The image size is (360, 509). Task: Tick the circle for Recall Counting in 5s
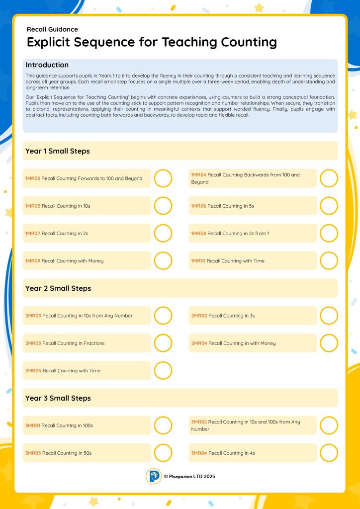329,206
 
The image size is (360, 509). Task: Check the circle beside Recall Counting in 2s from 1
329,233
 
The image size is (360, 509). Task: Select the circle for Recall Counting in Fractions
163,343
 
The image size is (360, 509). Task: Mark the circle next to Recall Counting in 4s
329,453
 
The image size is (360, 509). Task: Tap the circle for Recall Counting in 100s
163,425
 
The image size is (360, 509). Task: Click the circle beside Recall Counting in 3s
329,316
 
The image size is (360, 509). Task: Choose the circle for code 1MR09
163,261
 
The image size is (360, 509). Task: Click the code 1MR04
198,175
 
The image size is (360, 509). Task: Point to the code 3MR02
199,422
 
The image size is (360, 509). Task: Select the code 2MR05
33,371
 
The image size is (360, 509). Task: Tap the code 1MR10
198,261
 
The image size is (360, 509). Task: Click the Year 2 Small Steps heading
58,288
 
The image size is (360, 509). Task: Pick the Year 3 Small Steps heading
58,398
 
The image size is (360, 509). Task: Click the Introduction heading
47,65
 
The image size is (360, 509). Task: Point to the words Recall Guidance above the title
52,29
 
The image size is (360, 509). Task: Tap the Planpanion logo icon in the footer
154,476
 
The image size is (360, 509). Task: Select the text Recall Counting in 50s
67,453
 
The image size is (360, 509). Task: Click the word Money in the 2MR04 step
268,343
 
